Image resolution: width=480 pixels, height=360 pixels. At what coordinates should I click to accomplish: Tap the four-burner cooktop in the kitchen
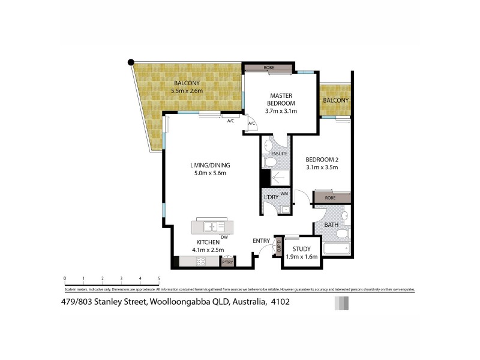click(x=200, y=261)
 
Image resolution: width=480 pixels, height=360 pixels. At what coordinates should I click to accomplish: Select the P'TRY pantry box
click(x=227, y=262)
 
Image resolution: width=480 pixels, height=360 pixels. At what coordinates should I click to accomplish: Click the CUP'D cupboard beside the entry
click(x=278, y=245)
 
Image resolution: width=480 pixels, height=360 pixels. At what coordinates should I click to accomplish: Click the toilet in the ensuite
click(x=271, y=161)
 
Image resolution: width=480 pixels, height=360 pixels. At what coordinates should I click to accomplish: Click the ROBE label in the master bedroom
click(x=268, y=68)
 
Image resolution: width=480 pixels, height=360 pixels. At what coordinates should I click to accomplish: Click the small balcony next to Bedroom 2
click(x=335, y=100)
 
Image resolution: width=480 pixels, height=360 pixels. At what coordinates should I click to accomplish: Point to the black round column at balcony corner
click(x=131, y=62)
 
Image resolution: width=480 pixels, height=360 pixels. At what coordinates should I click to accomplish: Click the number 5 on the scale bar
click(x=159, y=278)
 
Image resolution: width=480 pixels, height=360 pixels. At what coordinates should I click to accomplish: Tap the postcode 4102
click(x=280, y=302)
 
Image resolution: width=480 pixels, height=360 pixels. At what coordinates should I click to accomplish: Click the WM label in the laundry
click(x=284, y=193)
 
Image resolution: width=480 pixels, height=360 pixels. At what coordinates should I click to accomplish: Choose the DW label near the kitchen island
click(x=223, y=237)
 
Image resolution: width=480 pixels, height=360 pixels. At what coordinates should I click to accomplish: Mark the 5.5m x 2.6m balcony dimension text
click(x=187, y=91)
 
